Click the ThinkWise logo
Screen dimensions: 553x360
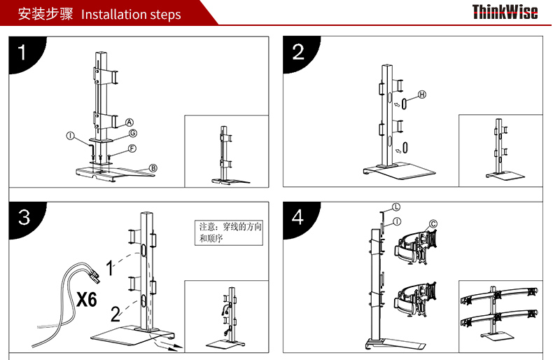(505, 12)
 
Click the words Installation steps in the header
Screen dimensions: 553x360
(131, 15)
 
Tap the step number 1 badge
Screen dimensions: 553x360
(24, 53)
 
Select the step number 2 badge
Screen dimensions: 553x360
(299, 53)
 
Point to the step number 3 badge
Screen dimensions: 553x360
(24, 218)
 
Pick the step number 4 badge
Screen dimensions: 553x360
(299, 218)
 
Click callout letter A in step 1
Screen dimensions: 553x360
(129, 123)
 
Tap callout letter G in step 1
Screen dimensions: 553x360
(132, 133)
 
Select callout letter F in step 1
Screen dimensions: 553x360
(132, 148)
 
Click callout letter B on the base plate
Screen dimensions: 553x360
(153, 168)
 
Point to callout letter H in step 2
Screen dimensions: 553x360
(422, 95)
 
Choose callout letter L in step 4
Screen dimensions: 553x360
(396, 207)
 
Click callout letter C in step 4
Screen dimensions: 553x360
(433, 223)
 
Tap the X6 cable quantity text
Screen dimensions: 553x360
(87, 300)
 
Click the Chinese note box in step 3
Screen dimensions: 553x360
(229, 233)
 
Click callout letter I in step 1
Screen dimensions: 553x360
(71, 136)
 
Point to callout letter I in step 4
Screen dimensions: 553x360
(397, 221)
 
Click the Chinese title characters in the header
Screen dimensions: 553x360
(45, 14)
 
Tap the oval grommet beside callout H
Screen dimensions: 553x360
(404, 104)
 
